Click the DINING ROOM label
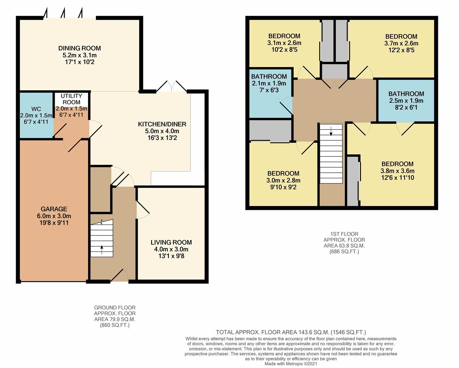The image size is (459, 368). point(80,48)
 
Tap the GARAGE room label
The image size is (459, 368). point(54,209)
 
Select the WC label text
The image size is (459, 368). point(36,109)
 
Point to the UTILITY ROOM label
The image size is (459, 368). point(71,99)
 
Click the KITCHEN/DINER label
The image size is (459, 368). point(162,124)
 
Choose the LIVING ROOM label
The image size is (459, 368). point(171,242)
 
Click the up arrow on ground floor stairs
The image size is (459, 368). point(102,250)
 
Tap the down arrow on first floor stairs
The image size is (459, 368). point(331,131)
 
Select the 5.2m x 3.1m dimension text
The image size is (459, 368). point(80,55)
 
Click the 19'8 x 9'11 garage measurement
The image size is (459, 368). point(54,223)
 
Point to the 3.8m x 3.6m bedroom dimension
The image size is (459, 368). point(397,171)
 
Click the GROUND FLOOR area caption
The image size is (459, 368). point(115,316)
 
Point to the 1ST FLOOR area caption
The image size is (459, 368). point(344,243)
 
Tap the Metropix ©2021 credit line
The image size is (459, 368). point(291,364)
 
